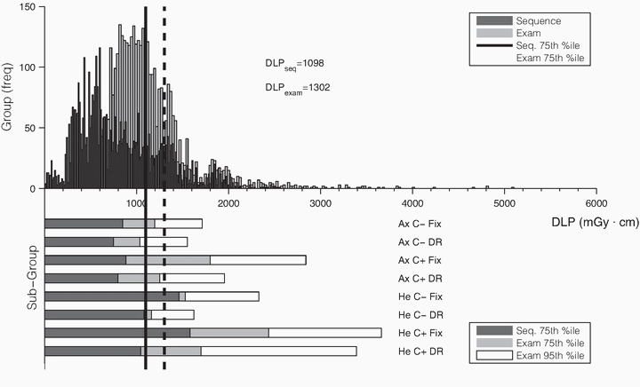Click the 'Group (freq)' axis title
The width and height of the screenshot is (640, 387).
point(8,96)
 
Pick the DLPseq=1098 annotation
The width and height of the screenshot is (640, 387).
point(285,64)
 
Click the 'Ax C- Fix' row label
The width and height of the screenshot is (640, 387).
point(419,224)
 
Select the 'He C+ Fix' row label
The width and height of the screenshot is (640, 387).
point(419,333)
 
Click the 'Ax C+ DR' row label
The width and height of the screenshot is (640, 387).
point(419,278)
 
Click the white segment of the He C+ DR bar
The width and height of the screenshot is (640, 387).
point(278,351)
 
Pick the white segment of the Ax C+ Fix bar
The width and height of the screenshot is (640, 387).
point(258,259)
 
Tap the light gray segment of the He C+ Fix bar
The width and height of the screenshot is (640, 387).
point(229,332)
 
